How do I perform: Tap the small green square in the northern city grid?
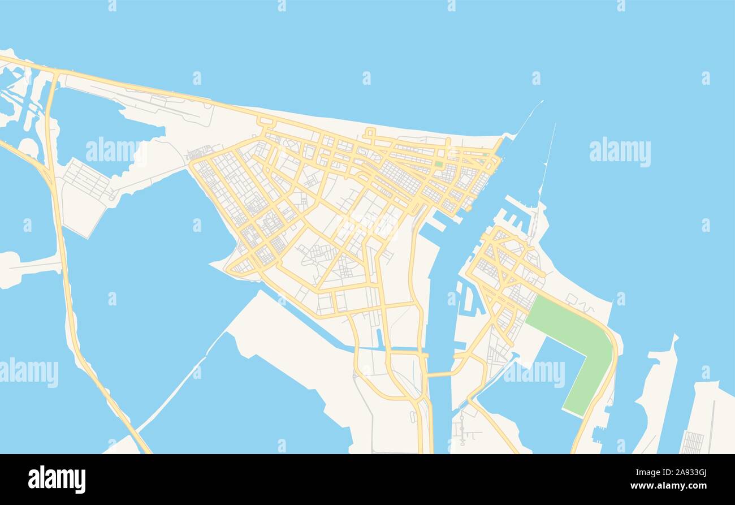click(439, 164)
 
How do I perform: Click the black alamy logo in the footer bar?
click(57, 480)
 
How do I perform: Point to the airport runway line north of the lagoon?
click(147, 105)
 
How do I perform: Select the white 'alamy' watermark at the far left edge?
click(28, 373)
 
